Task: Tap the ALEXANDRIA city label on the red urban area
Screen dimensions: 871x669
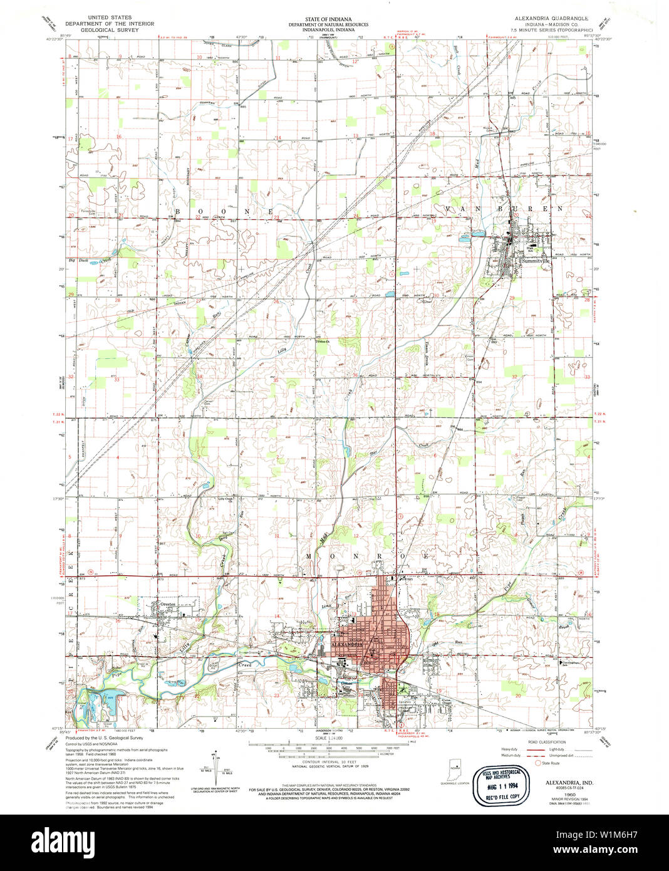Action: coord(347,644)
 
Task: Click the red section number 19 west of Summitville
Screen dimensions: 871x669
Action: coord(432,221)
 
